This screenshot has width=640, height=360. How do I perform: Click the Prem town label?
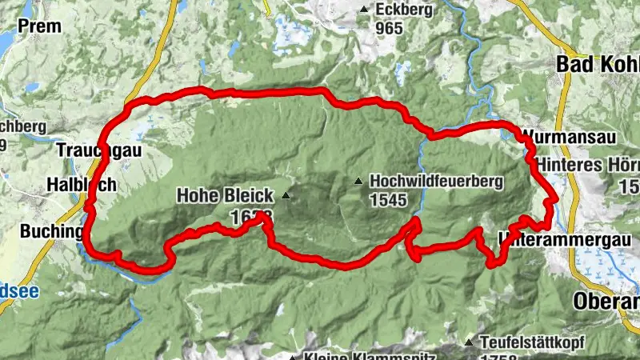(x=38, y=26)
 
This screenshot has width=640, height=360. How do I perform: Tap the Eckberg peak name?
(x=402, y=10)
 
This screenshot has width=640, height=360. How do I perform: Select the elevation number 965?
(x=390, y=26)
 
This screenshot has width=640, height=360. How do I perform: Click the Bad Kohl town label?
(x=597, y=64)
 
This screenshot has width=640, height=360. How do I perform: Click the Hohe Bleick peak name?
(x=225, y=194)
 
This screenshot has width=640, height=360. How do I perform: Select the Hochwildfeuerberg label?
(x=436, y=182)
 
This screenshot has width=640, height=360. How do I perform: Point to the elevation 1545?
(x=390, y=200)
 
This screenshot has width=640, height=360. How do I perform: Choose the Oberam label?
(x=606, y=302)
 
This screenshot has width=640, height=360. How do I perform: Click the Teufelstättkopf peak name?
(x=532, y=342)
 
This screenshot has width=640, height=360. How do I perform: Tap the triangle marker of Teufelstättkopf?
(x=469, y=342)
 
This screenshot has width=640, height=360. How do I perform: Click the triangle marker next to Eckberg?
(x=365, y=10)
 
